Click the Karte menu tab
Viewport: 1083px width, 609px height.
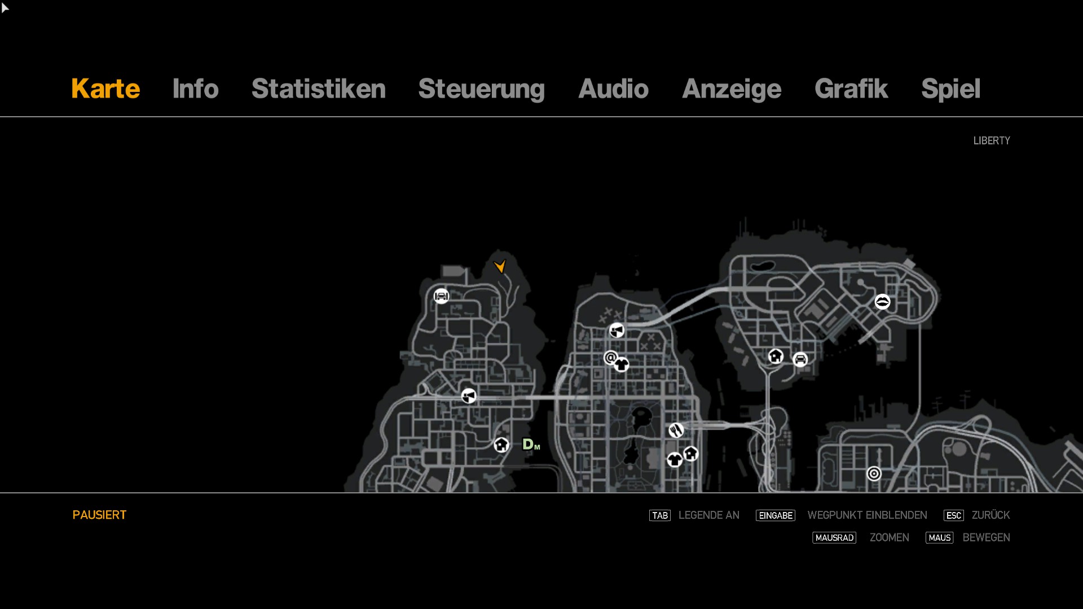[x=105, y=89]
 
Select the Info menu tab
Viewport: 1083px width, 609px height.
[x=195, y=89]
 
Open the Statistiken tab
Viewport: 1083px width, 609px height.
[x=318, y=89]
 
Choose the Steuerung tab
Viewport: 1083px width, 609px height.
[x=481, y=89]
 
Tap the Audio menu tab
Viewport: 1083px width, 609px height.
[x=613, y=89]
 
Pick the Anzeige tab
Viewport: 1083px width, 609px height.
[x=731, y=89]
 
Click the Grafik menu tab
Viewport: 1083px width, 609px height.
[x=851, y=89]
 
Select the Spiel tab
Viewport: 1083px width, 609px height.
[x=950, y=89]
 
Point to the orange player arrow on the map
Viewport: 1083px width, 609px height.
[x=500, y=266]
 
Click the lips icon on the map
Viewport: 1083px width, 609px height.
[x=882, y=302]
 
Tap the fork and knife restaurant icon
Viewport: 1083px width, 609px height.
[x=676, y=430]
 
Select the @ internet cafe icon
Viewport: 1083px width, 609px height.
[x=610, y=358]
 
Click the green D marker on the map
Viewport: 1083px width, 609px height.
[x=529, y=444]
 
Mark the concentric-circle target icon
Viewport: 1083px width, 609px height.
[x=874, y=474]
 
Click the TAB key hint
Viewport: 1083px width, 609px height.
[x=659, y=515]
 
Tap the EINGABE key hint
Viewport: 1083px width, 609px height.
[x=775, y=515]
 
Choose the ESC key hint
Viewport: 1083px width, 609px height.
[x=953, y=515]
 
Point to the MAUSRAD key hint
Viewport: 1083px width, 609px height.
[x=834, y=538]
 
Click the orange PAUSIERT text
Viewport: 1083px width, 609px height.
[x=99, y=515]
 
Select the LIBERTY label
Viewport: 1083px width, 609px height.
[x=991, y=140]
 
